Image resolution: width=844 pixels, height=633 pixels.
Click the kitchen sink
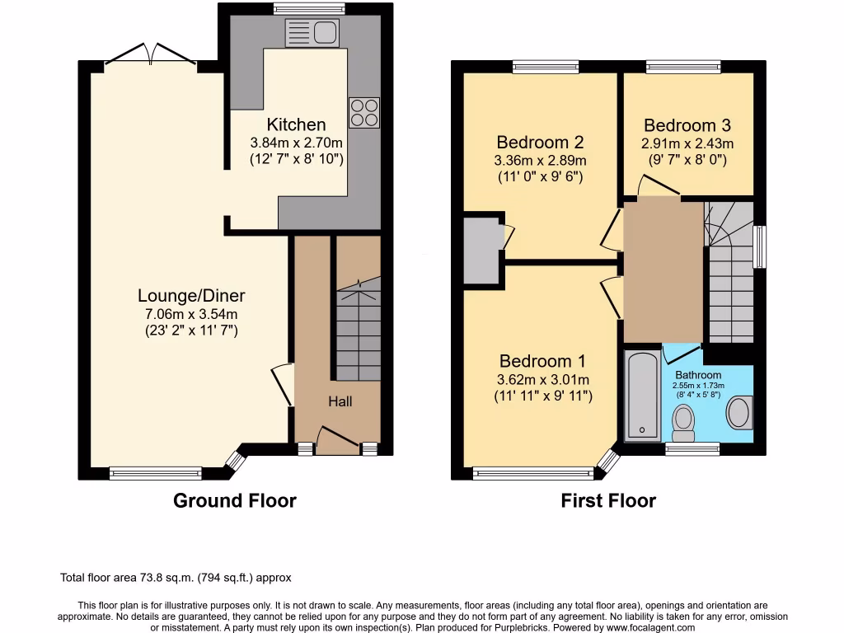coord(312,32)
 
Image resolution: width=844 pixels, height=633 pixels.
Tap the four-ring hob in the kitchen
coord(364,113)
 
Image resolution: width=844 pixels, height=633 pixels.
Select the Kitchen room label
coord(296,124)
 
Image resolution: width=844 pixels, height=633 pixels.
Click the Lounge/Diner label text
coord(191,296)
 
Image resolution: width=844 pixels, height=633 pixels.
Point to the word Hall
coord(340,401)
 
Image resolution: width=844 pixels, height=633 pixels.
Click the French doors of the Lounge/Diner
coord(151,55)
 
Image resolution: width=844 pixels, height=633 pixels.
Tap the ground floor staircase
coord(358,330)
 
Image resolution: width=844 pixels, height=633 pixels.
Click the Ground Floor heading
coord(234,500)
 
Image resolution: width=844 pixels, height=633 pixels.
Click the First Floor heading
coord(608,500)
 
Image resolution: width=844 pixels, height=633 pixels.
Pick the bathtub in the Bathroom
coord(640,395)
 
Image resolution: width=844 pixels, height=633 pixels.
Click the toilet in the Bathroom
coord(684,421)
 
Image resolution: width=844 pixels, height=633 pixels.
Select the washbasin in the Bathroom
coord(740,411)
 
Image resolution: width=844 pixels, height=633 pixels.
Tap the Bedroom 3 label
coord(687,125)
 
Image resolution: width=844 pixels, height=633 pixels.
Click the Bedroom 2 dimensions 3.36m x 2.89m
coord(540,160)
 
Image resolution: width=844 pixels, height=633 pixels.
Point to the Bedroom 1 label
coord(542,361)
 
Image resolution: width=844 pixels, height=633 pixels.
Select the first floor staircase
coord(729,272)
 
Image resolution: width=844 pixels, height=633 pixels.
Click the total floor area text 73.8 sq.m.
coord(176,578)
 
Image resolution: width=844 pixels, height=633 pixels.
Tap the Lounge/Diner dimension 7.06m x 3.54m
coord(191,314)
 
